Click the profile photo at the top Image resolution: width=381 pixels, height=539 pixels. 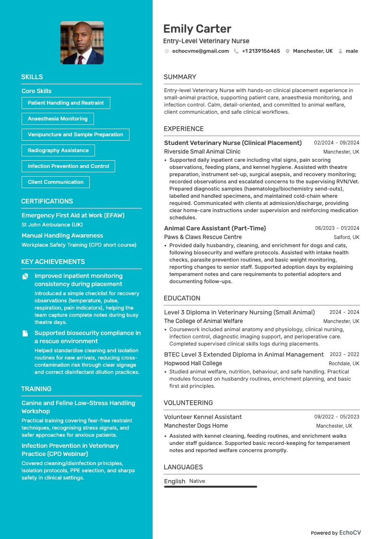[82, 43]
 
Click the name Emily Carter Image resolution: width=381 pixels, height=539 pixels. [197, 29]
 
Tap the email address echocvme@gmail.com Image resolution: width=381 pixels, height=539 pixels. [200, 51]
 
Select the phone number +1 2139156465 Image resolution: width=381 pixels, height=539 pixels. [261, 51]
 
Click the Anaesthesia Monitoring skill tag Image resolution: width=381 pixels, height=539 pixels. [58, 119]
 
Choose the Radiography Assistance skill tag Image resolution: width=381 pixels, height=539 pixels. [58, 150]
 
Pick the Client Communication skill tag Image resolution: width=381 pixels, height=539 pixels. [56, 182]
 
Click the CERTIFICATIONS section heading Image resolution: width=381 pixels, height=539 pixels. [47, 201]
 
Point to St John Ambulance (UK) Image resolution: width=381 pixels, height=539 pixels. [52, 225]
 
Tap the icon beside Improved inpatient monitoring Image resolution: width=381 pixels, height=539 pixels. [25, 276]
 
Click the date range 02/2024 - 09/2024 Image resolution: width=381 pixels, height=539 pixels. [336, 143]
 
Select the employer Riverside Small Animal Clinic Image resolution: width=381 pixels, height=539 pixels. [202, 152]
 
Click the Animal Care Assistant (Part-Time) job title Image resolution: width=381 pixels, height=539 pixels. [215, 228]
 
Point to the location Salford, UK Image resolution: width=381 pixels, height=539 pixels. [346, 237]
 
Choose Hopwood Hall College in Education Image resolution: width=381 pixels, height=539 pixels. [193, 363]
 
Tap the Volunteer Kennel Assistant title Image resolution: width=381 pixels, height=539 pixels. [203, 417]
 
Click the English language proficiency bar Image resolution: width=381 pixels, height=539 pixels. [211, 487]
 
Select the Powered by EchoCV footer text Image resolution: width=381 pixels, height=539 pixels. [335, 533]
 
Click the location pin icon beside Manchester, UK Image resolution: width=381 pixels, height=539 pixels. [287, 51]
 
